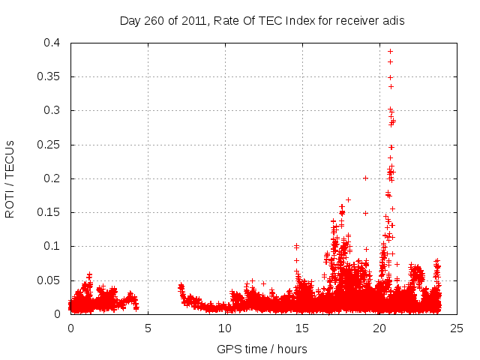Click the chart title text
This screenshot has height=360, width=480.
coord(262,21)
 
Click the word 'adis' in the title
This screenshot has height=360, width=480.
coord(393,21)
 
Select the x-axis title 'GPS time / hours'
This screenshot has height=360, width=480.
coord(262,349)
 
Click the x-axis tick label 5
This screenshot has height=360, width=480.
coord(148,328)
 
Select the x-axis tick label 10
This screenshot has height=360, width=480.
coord(225,328)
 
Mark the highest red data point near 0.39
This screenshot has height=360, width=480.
coord(390,51)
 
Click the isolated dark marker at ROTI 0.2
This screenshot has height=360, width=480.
coord(365,178)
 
